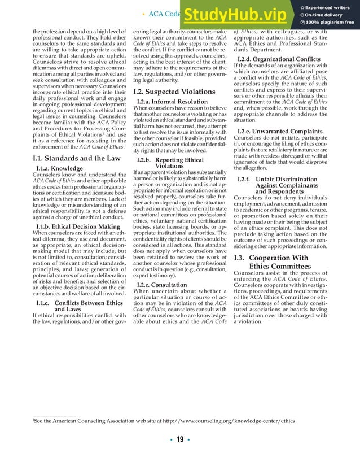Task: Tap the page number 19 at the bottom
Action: click(x=180, y=440)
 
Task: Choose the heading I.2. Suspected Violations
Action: click(x=166, y=91)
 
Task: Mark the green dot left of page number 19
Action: click(x=170, y=440)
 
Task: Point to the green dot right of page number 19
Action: click(x=190, y=440)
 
